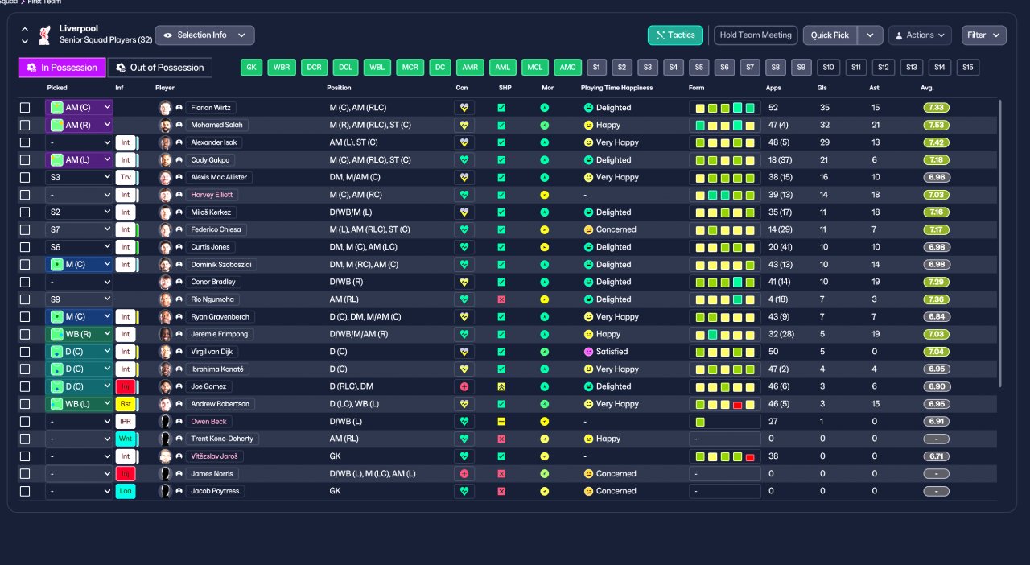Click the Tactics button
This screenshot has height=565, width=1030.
click(675, 35)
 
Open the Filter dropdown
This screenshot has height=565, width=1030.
click(983, 35)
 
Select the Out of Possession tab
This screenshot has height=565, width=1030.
click(159, 68)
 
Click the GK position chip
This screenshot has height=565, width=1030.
click(252, 68)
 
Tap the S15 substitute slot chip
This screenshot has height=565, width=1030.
click(967, 68)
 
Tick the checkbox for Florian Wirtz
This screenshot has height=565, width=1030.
click(25, 108)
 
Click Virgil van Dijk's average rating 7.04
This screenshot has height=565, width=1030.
click(936, 352)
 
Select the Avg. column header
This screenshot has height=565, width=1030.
click(927, 88)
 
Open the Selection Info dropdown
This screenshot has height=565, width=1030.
click(204, 35)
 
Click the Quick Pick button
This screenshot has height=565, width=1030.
click(830, 35)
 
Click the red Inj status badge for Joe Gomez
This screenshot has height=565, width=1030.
click(125, 386)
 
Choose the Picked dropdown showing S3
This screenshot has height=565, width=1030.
click(79, 177)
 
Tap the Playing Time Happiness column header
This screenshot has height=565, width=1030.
click(616, 88)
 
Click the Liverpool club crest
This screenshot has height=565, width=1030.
click(44, 35)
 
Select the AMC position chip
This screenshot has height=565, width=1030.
click(567, 68)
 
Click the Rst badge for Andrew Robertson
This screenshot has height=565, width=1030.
click(125, 404)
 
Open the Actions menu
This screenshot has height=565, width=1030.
click(920, 35)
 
